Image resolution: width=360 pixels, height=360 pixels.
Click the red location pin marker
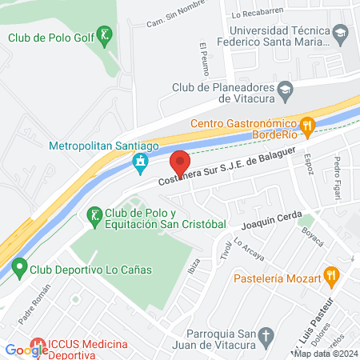[x=181, y=164]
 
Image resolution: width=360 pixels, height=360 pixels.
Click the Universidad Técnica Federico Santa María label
[x=281, y=34]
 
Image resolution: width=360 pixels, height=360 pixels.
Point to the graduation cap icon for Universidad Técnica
[x=342, y=34]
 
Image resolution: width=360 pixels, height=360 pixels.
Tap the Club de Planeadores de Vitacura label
[x=222, y=93]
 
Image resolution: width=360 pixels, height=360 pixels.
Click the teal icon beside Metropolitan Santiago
[x=141, y=163]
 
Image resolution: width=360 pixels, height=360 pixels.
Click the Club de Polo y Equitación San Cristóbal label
[x=166, y=219]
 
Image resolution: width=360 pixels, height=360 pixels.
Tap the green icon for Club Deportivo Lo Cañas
[x=18, y=268]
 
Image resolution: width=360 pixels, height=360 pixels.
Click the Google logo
[x=26, y=350]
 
